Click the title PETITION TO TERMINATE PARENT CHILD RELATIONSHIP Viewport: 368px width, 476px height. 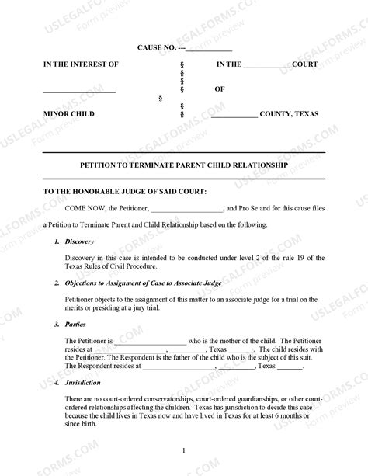pos(184,165)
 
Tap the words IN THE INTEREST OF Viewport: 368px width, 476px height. pos(81,64)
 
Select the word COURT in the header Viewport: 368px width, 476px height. pos(305,64)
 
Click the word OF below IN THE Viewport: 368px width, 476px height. pos(220,89)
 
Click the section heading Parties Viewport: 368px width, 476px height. pos(75,324)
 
